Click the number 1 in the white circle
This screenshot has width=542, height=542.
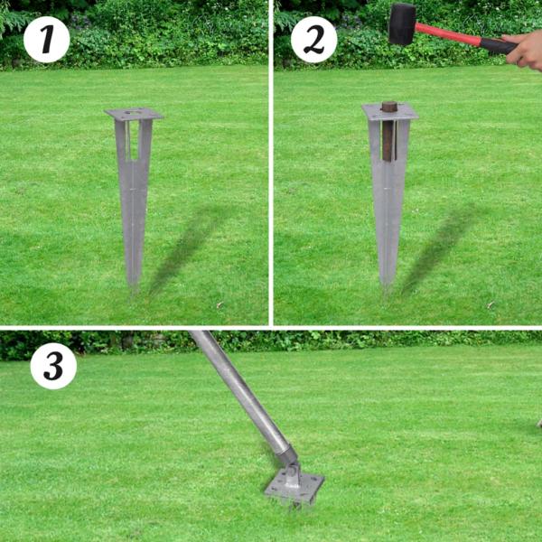click(46, 40)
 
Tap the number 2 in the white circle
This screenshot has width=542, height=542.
click(313, 40)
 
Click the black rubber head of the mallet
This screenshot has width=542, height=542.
click(401, 23)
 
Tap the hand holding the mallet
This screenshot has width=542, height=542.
click(525, 50)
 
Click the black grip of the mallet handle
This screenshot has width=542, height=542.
click(496, 44)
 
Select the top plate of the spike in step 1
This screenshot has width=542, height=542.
click(134, 115)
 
